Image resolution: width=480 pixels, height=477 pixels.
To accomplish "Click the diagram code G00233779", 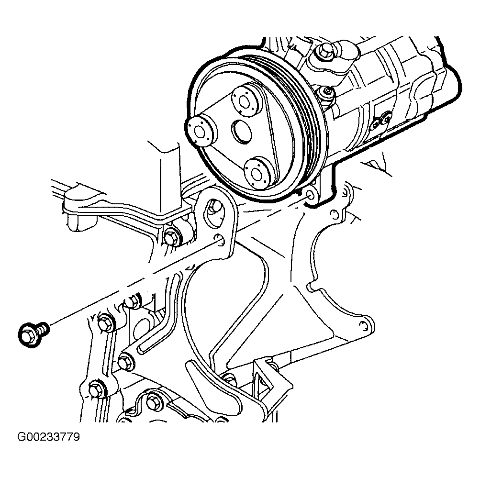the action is tap(48, 437).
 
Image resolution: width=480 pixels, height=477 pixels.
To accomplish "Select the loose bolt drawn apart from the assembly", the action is tap(33, 334).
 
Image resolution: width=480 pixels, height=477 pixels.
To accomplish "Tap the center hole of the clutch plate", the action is tap(242, 131).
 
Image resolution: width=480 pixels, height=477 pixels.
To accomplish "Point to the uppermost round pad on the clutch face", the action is tap(246, 101).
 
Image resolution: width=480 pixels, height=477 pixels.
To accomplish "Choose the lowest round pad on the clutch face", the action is tap(257, 173).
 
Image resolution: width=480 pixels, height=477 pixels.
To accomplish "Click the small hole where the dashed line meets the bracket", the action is tap(219, 239).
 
